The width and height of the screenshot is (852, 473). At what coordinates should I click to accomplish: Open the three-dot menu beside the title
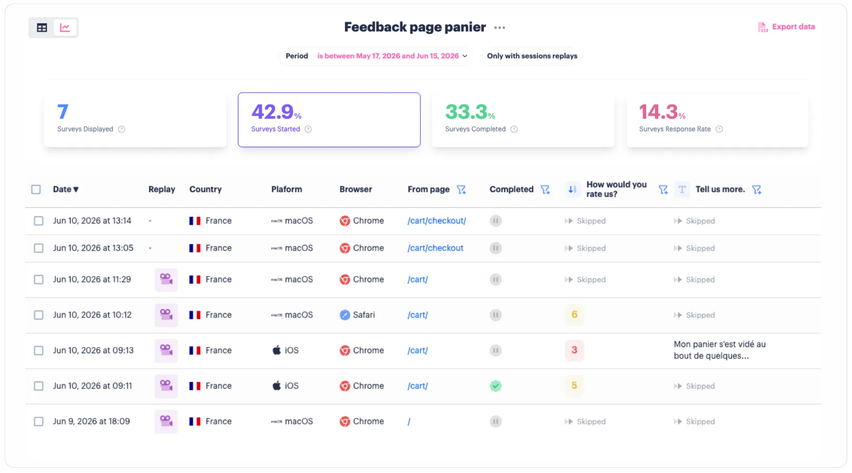pyautogui.click(x=499, y=28)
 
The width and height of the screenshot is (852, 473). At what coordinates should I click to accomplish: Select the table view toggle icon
pyautogui.click(x=42, y=28)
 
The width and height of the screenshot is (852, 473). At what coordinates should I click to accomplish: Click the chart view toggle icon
pyautogui.click(x=65, y=28)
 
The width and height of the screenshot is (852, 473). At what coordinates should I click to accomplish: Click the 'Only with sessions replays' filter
pyautogui.click(x=532, y=56)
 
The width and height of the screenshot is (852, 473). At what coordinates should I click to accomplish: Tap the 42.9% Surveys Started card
pyautogui.click(x=329, y=120)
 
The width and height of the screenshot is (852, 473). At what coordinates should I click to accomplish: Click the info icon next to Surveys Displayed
pyautogui.click(x=122, y=129)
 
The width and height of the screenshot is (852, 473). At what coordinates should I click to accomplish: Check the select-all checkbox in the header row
pyautogui.click(x=36, y=189)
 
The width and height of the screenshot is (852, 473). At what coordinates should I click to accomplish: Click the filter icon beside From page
pyautogui.click(x=461, y=189)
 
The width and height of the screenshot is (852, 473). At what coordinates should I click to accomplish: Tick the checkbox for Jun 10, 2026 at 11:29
pyautogui.click(x=39, y=280)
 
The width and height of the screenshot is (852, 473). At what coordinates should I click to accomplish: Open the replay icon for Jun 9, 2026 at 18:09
pyautogui.click(x=166, y=421)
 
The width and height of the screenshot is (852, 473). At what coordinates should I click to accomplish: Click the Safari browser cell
pyautogui.click(x=357, y=315)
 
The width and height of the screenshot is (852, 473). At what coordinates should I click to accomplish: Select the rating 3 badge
pyautogui.click(x=574, y=350)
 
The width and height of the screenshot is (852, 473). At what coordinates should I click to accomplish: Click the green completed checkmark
pyautogui.click(x=496, y=386)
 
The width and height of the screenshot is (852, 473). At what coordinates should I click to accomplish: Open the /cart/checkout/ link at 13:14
pyautogui.click(x=436, y=221)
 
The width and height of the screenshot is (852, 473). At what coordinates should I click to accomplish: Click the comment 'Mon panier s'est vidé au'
pyautogui.click(x=719, y=345)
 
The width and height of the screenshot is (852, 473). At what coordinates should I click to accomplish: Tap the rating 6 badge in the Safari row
pyautogui.click(x=574, y=315)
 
